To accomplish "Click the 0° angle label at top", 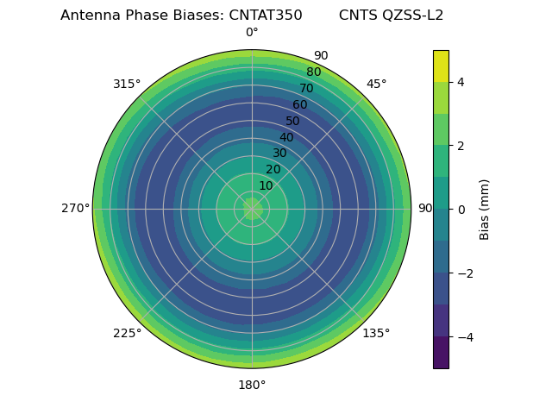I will pos(252,33).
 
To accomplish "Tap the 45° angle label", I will pos(376,84).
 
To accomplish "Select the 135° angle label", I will pos(376,333).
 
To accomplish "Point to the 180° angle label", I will pos(252,385).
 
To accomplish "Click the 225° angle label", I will pos(127,333).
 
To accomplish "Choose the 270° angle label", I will pos(75,209).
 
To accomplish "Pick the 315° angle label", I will pos(127,84).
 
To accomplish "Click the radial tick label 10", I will pos(266,185).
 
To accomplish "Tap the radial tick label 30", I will pos(279,154).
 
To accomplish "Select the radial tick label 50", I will pos(293,121).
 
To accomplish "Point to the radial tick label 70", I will pos(306,88).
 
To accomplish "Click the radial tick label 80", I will pos(313,72).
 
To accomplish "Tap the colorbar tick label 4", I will pos(461,82).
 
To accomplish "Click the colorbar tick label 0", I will pos(461,210).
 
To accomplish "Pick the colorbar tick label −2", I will pos(464,273).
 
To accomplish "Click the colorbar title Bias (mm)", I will pos(485,209).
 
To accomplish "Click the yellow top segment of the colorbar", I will pos(441,66).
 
